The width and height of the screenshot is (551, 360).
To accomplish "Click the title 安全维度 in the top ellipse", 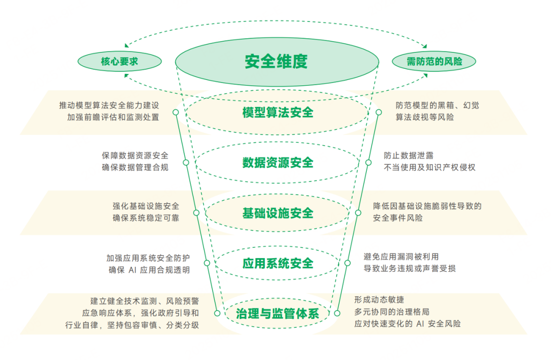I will tap(277, 62).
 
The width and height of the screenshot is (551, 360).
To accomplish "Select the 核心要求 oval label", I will tap(120, 62).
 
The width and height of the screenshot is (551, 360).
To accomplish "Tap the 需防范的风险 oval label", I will tap(434, 62).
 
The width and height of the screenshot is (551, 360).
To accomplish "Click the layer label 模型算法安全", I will tap(278, 112).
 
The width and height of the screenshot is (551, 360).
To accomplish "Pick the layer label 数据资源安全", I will tap(278, 163).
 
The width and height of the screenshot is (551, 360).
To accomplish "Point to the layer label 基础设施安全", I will tap(278, 213).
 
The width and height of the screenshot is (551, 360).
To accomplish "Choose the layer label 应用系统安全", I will tap(278, 263).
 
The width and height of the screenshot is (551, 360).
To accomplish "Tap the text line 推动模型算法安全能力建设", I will tap(109, 106).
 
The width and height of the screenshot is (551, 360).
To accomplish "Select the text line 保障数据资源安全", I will tap(135, 156).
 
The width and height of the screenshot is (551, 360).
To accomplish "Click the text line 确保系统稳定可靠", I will tap(146, 218).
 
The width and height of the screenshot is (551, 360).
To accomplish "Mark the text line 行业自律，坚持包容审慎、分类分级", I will tap(132, 325).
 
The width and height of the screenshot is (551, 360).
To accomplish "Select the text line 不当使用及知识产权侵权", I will tap(430, 167).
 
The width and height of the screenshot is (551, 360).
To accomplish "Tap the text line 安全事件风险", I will tap(398, 218).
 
